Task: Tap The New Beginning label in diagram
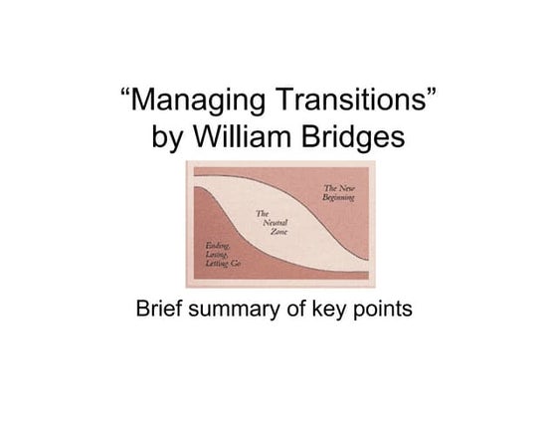tap(339, 191)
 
